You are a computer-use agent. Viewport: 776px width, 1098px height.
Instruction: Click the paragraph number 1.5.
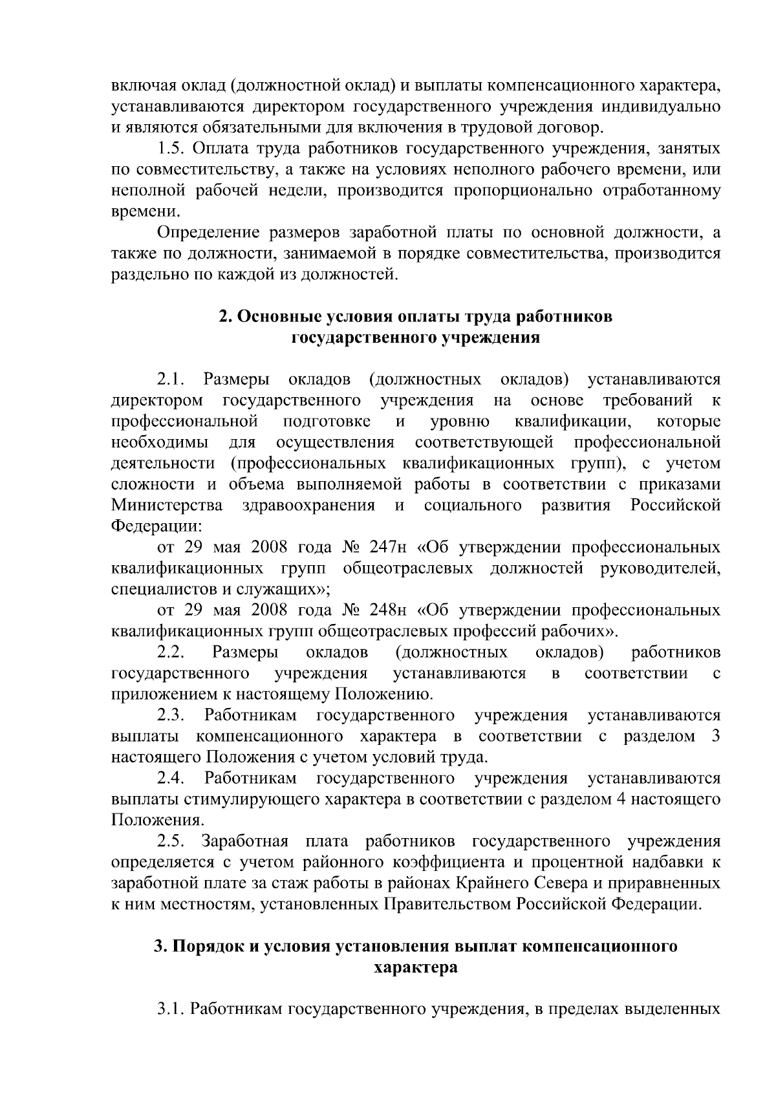tap(172, 149)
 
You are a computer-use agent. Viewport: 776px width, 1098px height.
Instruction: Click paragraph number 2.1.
tap(171, 378)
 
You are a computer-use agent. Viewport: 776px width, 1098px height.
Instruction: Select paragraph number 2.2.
tap(171, 652)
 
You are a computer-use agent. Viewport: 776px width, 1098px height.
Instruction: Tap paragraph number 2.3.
tap(171, 715)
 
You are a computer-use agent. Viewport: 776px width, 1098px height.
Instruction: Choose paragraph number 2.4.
tap(171, 778)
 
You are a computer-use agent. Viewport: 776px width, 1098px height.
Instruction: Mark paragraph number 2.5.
tap(171, 841)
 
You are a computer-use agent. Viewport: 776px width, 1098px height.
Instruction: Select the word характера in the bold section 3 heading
tap(416, 967)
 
